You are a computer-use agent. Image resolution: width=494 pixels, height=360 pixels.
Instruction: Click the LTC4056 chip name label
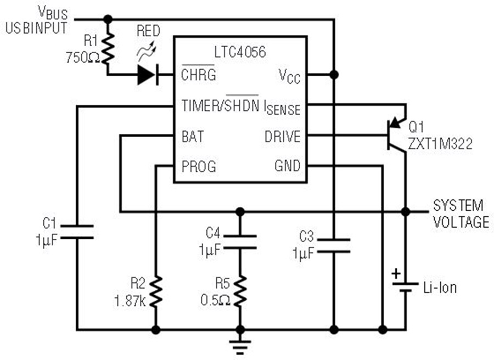[240, 52]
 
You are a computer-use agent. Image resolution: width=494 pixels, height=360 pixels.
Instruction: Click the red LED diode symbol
[148, 75]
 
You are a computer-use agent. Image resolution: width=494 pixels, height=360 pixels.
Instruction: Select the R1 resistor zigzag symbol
[108, 49]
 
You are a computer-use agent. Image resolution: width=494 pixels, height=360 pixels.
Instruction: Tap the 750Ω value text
[83, 58]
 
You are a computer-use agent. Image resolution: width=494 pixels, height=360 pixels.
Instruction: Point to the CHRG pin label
[199, 75]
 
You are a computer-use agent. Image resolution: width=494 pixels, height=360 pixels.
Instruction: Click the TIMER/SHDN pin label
[221, 105]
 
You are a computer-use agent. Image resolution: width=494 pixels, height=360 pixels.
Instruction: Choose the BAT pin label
[193, 137]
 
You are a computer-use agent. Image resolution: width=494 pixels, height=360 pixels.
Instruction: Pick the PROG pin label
[199, 166]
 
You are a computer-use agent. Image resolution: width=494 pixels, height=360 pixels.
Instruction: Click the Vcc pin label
[289, 76]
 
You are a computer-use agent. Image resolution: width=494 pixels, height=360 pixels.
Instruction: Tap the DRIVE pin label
[283, 137]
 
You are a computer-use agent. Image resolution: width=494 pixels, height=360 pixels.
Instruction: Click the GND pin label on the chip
[288, 166]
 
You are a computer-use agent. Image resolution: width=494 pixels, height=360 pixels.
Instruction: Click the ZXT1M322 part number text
[440, 144]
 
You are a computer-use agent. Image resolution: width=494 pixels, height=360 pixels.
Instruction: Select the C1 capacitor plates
[77, 232]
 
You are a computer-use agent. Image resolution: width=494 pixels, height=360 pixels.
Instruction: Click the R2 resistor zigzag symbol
[156, 291]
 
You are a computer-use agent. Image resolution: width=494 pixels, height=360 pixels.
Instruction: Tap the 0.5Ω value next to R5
[216, 300]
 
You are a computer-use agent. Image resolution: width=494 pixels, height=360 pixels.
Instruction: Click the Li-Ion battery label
[440, 288]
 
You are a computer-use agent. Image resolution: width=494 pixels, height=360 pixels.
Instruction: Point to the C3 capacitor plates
[334, 246]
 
